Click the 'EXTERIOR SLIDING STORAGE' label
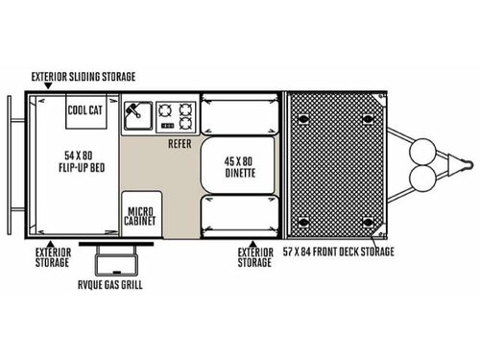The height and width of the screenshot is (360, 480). [83, 76]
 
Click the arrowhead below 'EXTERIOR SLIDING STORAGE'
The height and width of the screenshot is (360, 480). [46, 89]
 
